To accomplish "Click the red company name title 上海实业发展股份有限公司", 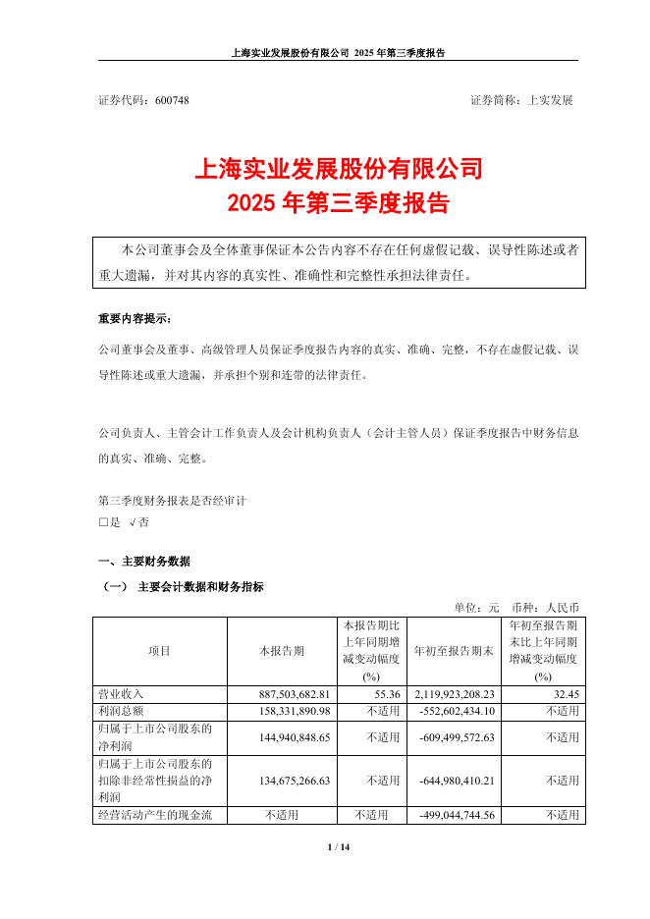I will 324,169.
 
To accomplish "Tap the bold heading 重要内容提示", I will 134,320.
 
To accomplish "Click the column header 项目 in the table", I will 159,651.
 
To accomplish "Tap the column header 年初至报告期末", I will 455,651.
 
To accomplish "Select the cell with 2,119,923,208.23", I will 455,694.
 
